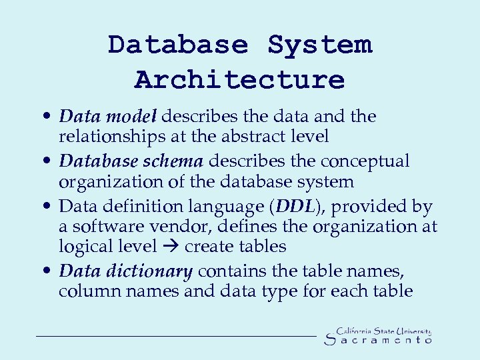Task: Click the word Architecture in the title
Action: (239, 79)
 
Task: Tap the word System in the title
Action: (319, 45)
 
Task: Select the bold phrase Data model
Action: (107, 117)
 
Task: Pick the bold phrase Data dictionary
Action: (126, 271)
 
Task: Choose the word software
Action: (107, 227)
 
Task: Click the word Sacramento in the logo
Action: (378, 340)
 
